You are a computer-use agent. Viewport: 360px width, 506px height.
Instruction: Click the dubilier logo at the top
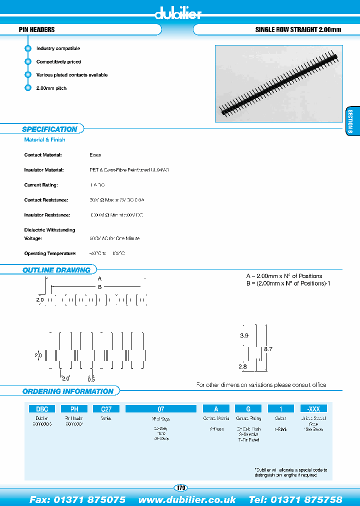click(178, 13)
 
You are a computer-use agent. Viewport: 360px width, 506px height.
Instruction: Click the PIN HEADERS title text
click(36, 30)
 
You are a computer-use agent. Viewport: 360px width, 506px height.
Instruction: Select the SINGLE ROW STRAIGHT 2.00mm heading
click(298, 30)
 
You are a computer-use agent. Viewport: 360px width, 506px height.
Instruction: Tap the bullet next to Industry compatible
click(28, 48)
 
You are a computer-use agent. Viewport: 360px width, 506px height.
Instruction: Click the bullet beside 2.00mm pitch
click(28, 88)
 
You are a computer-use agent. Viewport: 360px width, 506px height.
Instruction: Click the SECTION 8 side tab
click(350, 121)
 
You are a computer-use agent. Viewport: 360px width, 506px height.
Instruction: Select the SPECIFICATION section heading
click(49, 129)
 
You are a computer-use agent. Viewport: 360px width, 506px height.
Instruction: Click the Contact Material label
click(42, 155)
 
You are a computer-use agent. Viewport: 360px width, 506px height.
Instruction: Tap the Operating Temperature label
click(50, 253)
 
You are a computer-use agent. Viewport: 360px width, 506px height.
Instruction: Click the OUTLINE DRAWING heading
click(56, 270)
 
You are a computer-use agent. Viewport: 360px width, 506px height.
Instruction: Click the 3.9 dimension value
click(244, 336)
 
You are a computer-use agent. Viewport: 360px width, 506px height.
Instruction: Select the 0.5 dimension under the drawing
click(91, 378)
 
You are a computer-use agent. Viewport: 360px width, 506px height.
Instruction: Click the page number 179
click(180, 487)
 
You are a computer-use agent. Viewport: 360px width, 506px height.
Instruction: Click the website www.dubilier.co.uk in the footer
click(187, 499)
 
